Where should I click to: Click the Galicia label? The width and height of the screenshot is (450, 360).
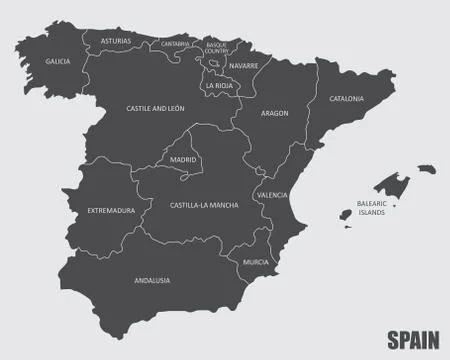pyautogui.click(x=58, y=61)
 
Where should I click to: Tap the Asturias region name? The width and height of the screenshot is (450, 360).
pyautogui.click(x=116, y=41)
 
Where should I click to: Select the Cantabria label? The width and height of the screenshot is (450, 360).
pyautogui.click(x=175, y=44)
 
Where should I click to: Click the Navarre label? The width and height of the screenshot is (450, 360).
pyautogui.click(x=243, y=65)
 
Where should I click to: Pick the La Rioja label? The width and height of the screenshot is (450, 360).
pyautogui.click(x=219, y=85)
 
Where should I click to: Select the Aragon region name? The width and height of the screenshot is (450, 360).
pyautogui.click(x=275, y=113)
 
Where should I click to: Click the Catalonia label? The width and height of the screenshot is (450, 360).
pyautogui.click(x=347, y=99)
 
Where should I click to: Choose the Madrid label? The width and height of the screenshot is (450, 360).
pyautogui.click(x=183, y=159)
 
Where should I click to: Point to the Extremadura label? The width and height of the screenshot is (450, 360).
pyautogui.click(x=110, y=210)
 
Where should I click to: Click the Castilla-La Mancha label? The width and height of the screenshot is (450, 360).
pyautogui.click(x=204, y=204)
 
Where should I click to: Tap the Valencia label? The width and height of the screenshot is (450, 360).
pyautogui.click(x=271, y=195)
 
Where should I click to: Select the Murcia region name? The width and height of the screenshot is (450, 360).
pyautogui.click(x=255, y=262)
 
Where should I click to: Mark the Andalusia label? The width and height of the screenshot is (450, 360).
pyautogui.click(x=152, y=280)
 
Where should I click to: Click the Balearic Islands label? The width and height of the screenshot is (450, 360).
pyautogui.click(x=371, y=207)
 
